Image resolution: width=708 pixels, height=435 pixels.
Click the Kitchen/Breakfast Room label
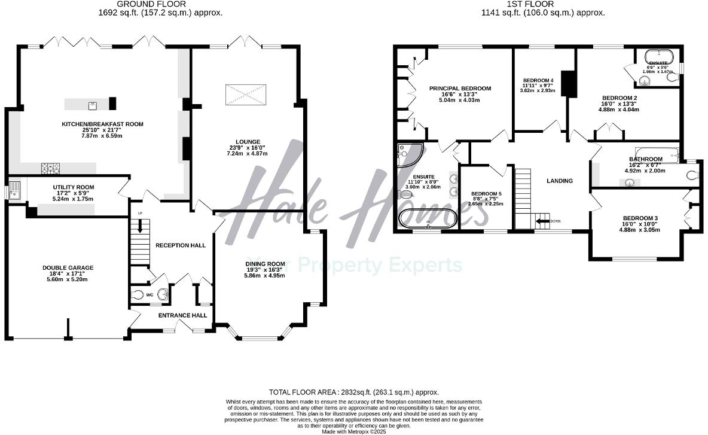tap(103, 124)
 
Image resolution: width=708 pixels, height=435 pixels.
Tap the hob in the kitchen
tap(48, 169)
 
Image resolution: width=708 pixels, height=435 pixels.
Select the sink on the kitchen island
tap(93, 105)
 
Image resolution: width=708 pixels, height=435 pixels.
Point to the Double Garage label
tap(68, 267)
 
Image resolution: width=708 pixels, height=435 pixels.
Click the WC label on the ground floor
tap(150, 295)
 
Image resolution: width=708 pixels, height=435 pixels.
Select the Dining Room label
tap(265, 264)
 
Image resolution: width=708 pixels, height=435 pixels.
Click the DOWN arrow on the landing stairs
tap(544, 221)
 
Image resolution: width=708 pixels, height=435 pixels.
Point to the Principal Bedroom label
tap(460, 89)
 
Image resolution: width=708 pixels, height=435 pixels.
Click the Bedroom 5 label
tap(487, 193)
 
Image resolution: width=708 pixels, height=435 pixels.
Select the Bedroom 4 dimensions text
tap(538, 87)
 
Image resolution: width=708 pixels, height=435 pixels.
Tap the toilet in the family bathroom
tap(691, 175)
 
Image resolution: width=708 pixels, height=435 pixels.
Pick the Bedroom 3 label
tap(639, 218)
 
